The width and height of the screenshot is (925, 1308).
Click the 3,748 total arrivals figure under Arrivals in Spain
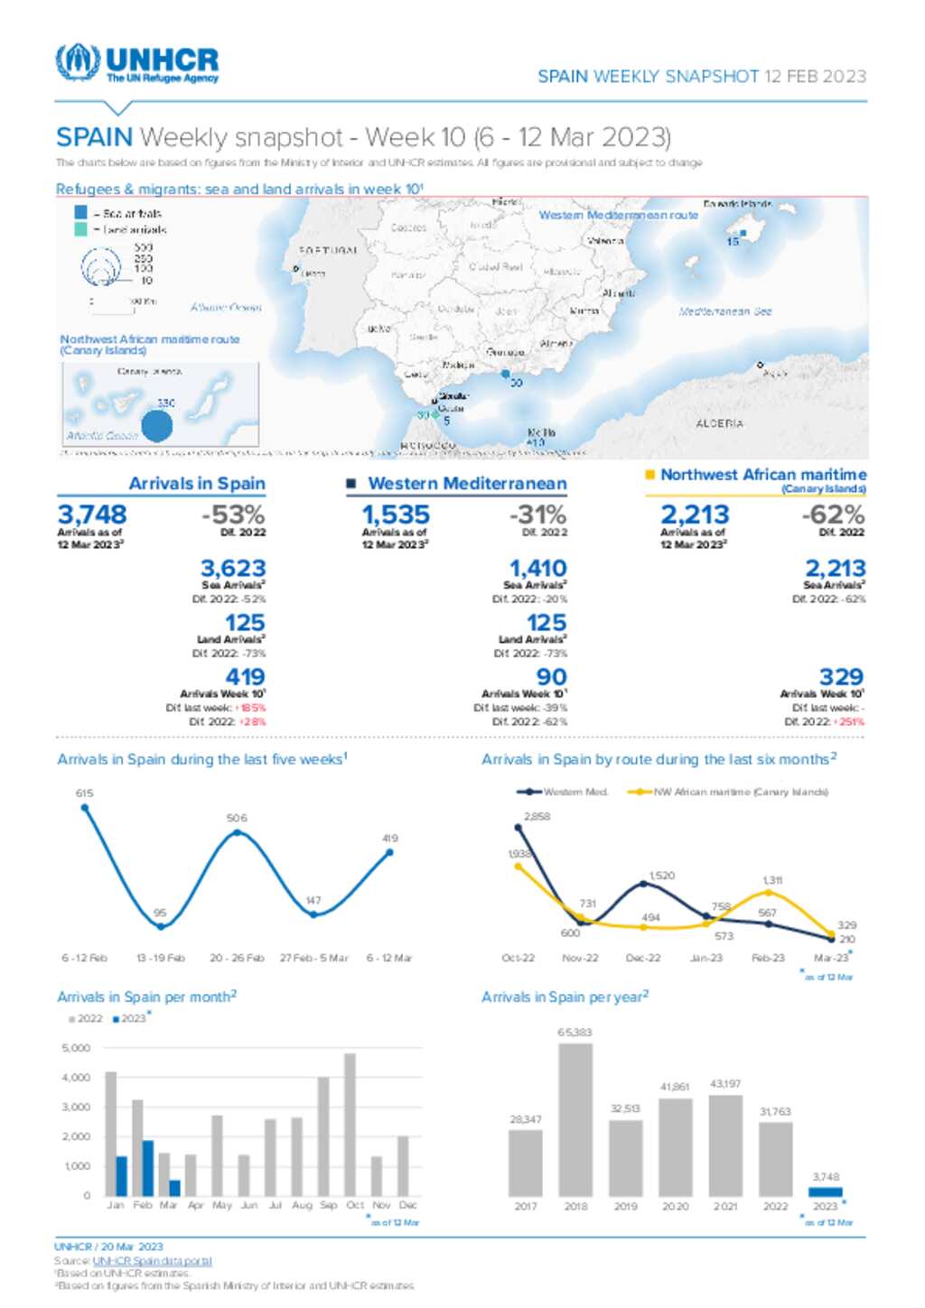(91, 515)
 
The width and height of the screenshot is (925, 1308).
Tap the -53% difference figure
(232, 515)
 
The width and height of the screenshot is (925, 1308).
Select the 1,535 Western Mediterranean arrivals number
(396, 515)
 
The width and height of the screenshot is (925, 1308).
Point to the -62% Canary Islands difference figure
(832, 515)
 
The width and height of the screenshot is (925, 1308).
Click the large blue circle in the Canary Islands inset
(157, 425)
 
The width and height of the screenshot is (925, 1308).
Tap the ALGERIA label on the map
(720, 423)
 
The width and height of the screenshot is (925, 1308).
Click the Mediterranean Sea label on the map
(725, 311)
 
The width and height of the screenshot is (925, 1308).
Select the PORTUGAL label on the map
(328, 250)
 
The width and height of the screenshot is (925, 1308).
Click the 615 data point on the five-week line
(85, 807)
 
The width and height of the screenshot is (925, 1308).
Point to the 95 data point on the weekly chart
(161, 926)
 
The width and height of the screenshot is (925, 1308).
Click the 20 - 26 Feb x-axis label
(237, 958)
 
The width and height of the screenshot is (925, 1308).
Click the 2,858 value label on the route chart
(537, 816)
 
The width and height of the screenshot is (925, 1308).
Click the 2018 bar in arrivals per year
(575, 1119)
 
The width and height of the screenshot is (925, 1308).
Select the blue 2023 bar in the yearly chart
(825, 1192)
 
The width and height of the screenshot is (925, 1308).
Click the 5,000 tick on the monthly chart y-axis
(76, 1048)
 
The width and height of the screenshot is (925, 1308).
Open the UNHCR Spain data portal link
(152, 1261)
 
